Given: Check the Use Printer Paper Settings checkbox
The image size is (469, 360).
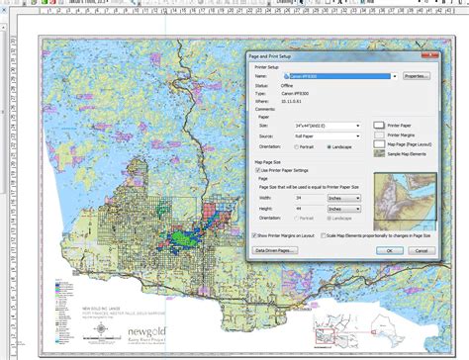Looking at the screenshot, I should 259,170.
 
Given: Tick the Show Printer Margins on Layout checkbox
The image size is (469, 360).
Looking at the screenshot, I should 251,235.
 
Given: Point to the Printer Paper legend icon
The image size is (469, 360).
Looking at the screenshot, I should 380,126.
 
